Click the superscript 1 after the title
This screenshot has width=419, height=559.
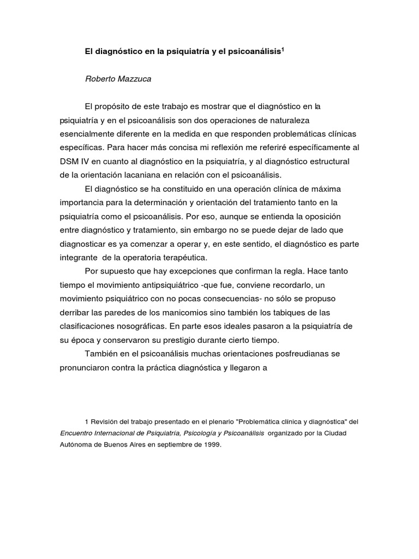coord(284,49)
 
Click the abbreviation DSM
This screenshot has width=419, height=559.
coord(69,162)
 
